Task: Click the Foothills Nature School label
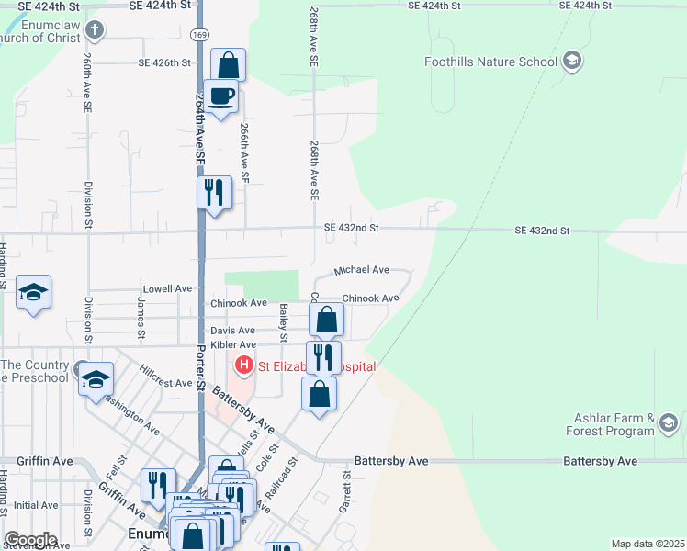491,62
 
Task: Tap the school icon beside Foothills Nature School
572,62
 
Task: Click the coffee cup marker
220,96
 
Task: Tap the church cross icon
93,31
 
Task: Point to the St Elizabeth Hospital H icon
244,366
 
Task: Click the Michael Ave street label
361,270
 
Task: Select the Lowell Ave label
167,288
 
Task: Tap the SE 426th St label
164,63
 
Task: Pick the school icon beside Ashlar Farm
668,423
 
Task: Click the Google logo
29,540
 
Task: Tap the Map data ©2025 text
647,544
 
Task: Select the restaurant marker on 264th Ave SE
214,194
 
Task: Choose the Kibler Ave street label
233,344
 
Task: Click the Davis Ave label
233,330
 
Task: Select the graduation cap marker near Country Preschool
96,381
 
